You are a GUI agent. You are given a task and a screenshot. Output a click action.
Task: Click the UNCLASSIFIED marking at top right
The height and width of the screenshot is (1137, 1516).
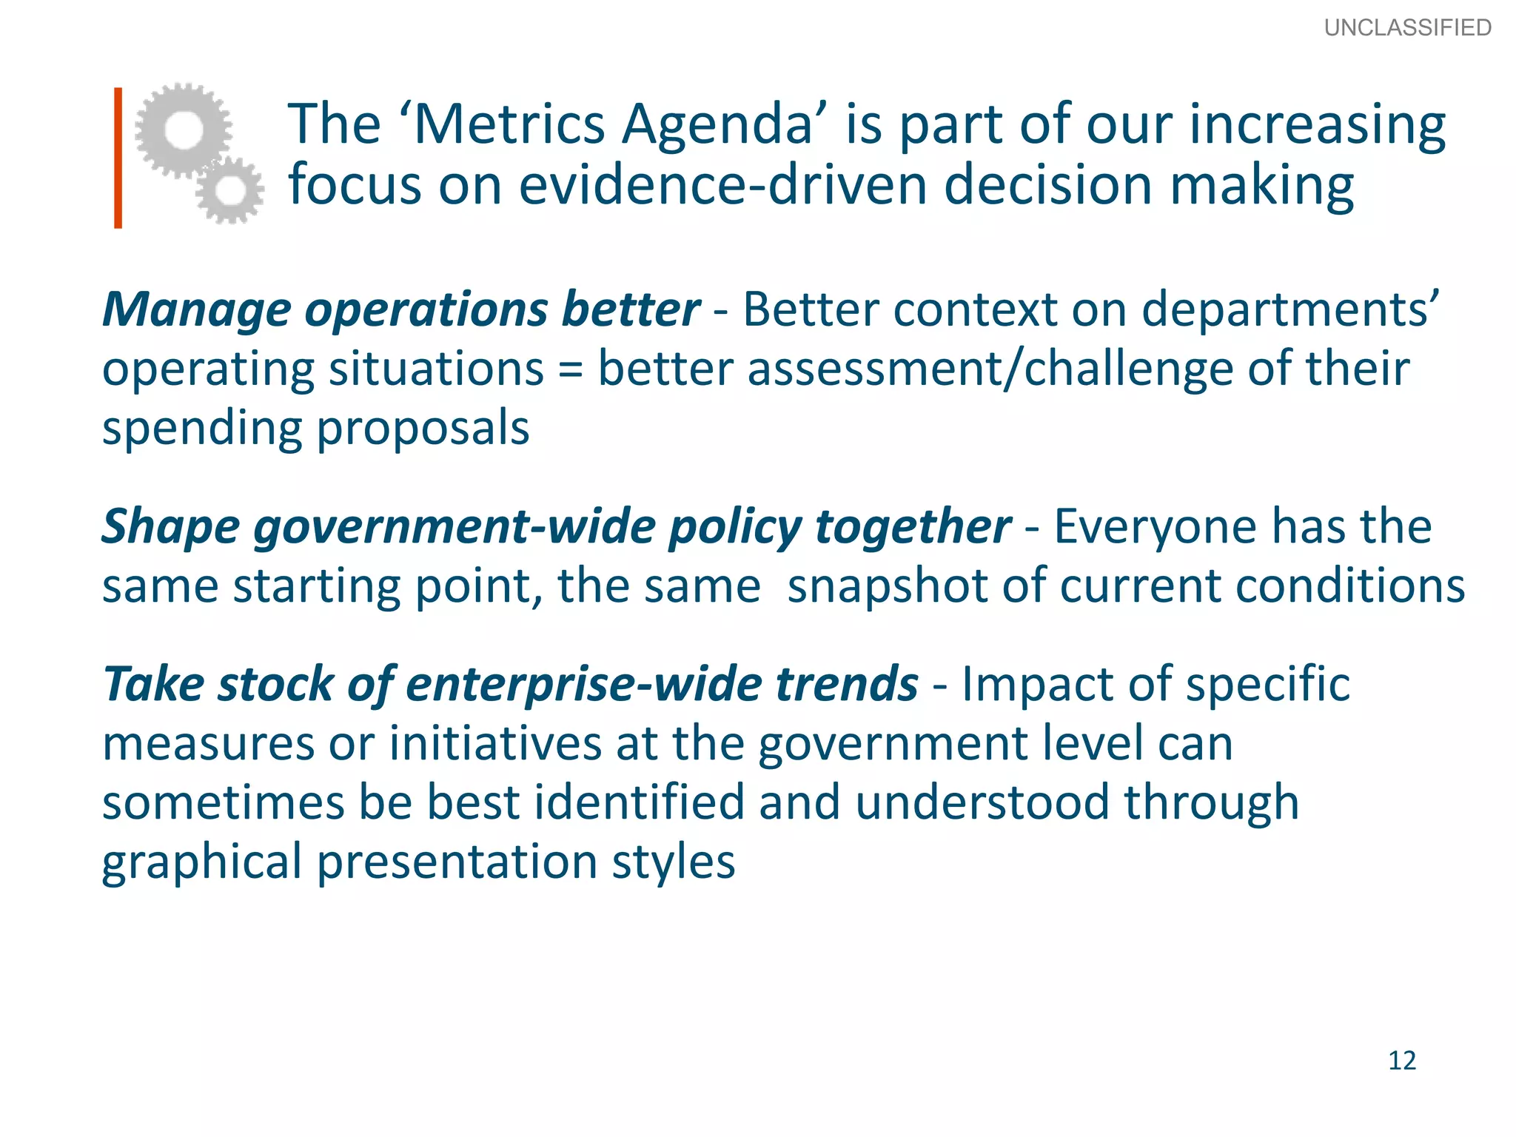(x=1407, y=27)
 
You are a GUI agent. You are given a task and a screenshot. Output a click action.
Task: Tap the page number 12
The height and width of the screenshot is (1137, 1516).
(x=1402, y=1060)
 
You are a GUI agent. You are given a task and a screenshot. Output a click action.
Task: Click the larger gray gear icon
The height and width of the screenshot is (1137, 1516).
(x=183, y=130)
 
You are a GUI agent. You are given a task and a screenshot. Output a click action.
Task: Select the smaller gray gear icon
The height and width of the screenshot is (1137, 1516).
(x=230, y=190)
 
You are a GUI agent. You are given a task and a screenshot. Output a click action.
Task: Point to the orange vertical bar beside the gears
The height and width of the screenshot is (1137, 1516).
(x=118, y=158)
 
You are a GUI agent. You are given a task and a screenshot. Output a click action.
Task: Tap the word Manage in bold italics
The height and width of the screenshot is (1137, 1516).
(x=196, y=310)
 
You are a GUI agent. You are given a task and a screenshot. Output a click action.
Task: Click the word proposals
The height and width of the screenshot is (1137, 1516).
(x=423, y=429)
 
